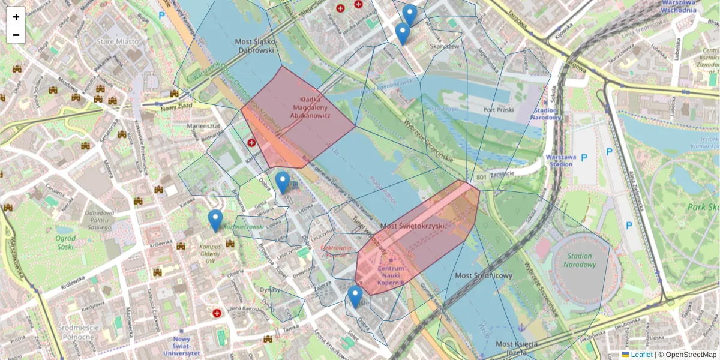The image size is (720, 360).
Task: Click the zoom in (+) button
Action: pyautogui.click(x=16, y=17)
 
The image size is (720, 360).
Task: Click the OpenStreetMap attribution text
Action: pyautogui.click(x=691, y=355)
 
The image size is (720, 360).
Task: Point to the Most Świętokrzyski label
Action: pyautogui.click(x=413, y=226)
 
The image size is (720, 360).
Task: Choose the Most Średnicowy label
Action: pyautogui.click(x=484, y=275)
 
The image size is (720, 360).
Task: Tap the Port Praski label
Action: pyautogui.click(x=497, y=110)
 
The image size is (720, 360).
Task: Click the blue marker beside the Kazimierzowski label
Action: pyautogui.click(x=215, y=220)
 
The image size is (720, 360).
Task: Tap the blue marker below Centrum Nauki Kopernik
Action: pyautogui.click(x=355, y=296)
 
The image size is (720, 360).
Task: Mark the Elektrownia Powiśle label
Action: pyautogui.click(x=336, y=250)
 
